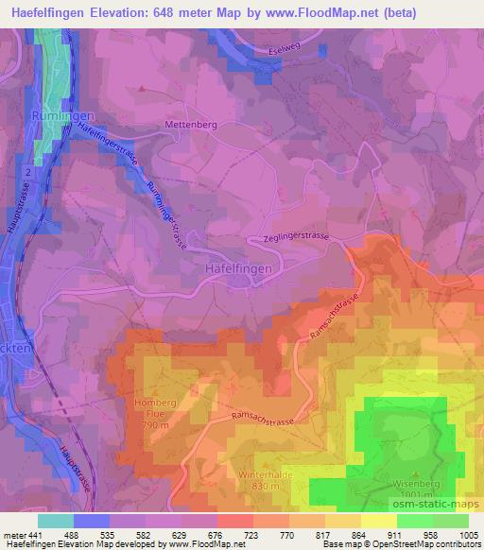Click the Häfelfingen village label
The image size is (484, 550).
238,268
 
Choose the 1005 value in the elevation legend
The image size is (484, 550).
468,534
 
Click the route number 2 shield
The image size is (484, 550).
29,173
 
